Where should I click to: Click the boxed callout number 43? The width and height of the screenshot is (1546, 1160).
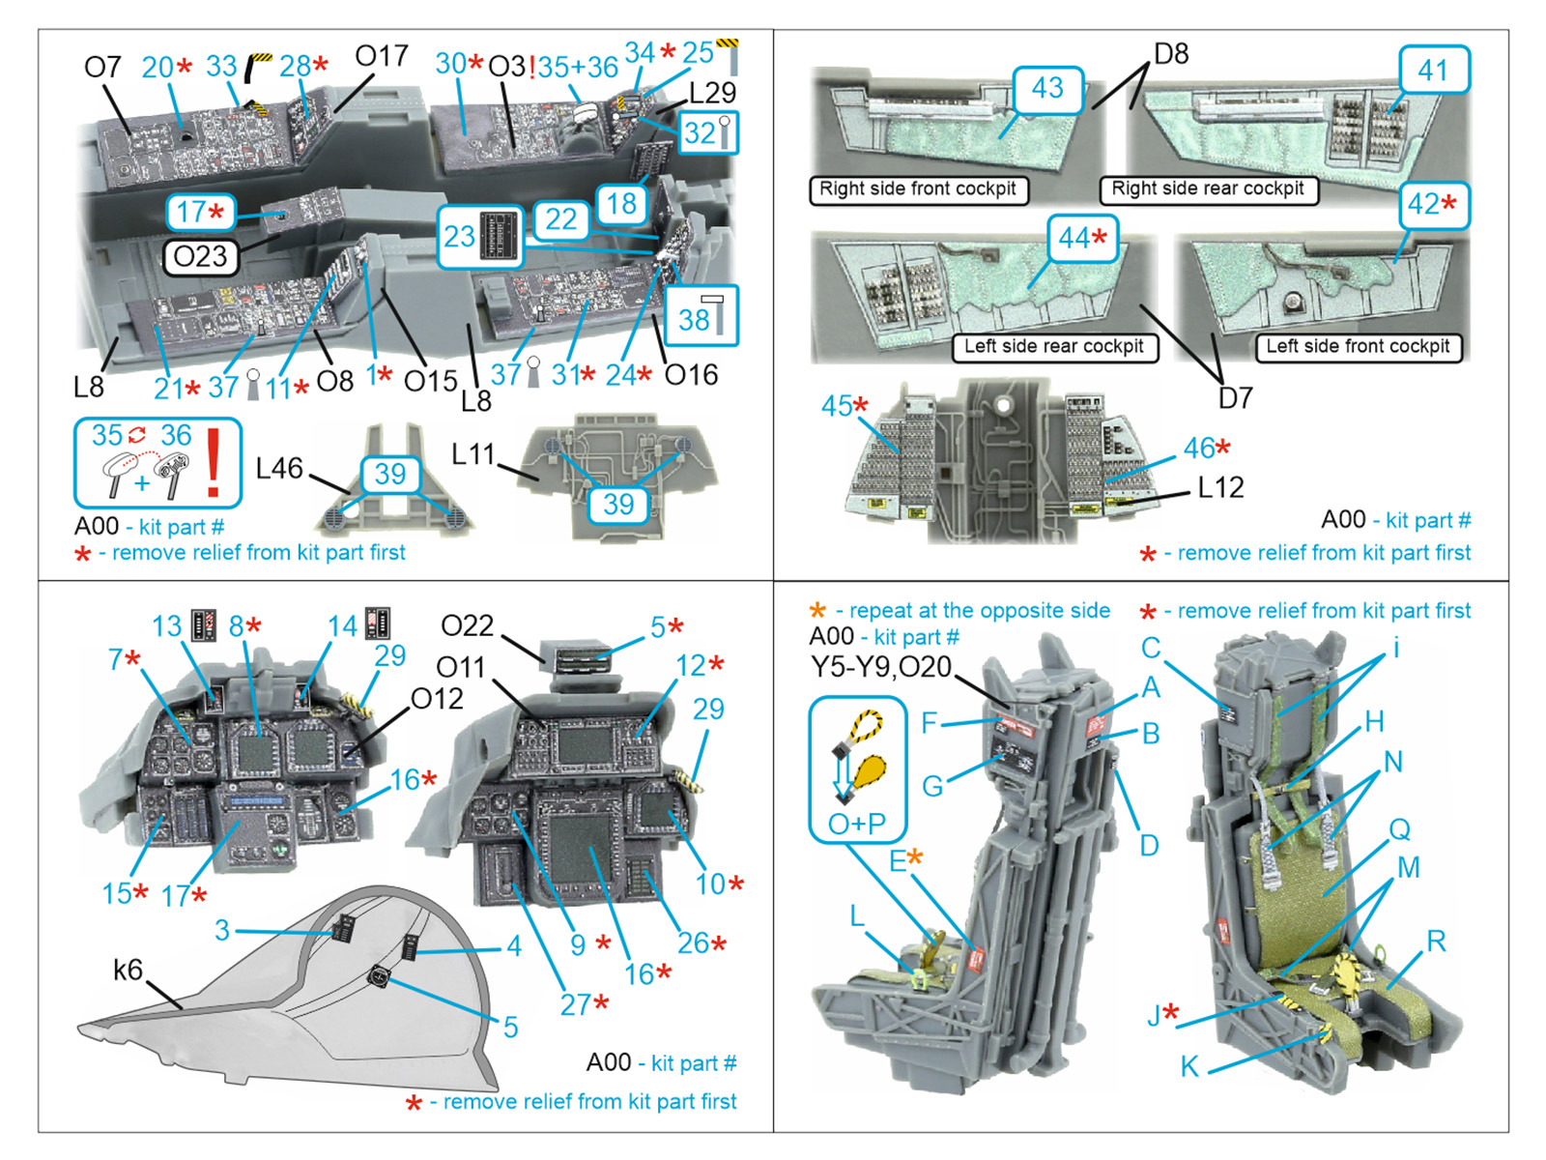click(1047, 89)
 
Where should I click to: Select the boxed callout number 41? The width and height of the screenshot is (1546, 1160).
click(1434, 70)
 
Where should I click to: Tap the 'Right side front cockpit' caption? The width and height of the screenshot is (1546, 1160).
click(917, 189)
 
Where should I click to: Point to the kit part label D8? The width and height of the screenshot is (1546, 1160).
click(1171, 53)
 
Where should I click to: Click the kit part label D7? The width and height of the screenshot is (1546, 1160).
click(1235, 397)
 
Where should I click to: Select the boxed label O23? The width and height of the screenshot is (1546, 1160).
click(200, 257)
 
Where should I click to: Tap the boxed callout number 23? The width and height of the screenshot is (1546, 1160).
click(460, 237)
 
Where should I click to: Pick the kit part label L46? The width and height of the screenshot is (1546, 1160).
click(279, 469)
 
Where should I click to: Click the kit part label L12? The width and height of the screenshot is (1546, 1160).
click(1220, 488)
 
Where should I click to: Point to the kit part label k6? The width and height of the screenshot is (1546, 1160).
click(128, 970)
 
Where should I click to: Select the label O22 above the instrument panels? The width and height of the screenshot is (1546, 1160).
click(467, 626)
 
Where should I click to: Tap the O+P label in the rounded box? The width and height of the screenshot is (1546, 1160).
click(856, 824)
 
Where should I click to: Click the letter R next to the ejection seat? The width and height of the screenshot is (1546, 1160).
click(1436, 941)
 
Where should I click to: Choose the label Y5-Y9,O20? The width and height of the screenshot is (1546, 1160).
click(880, 667)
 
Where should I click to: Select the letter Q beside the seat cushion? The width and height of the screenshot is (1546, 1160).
click(1399, 829)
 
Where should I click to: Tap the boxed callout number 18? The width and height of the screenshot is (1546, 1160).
click(621, 204)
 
